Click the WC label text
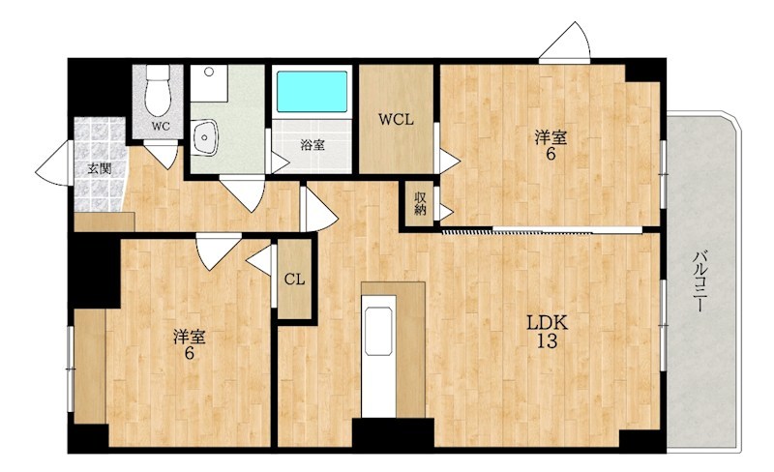coord(161,127)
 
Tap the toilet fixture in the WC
coord(158,90)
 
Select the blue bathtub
coord(312,92)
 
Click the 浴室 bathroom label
coord(313,145)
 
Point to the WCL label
coord(396,120)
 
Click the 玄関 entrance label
coord(100,168)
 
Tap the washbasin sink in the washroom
coord(204,137)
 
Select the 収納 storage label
coord(420,203)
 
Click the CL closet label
coord(294,280)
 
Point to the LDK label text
coord(547,323)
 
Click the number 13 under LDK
coord(547,341)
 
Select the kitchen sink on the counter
coord(378,331)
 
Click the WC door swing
coord(162,154)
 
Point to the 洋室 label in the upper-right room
coord(551,137)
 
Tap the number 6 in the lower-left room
coord(189,353)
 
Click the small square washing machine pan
coord(209,83)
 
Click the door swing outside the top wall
coord(565,43)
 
